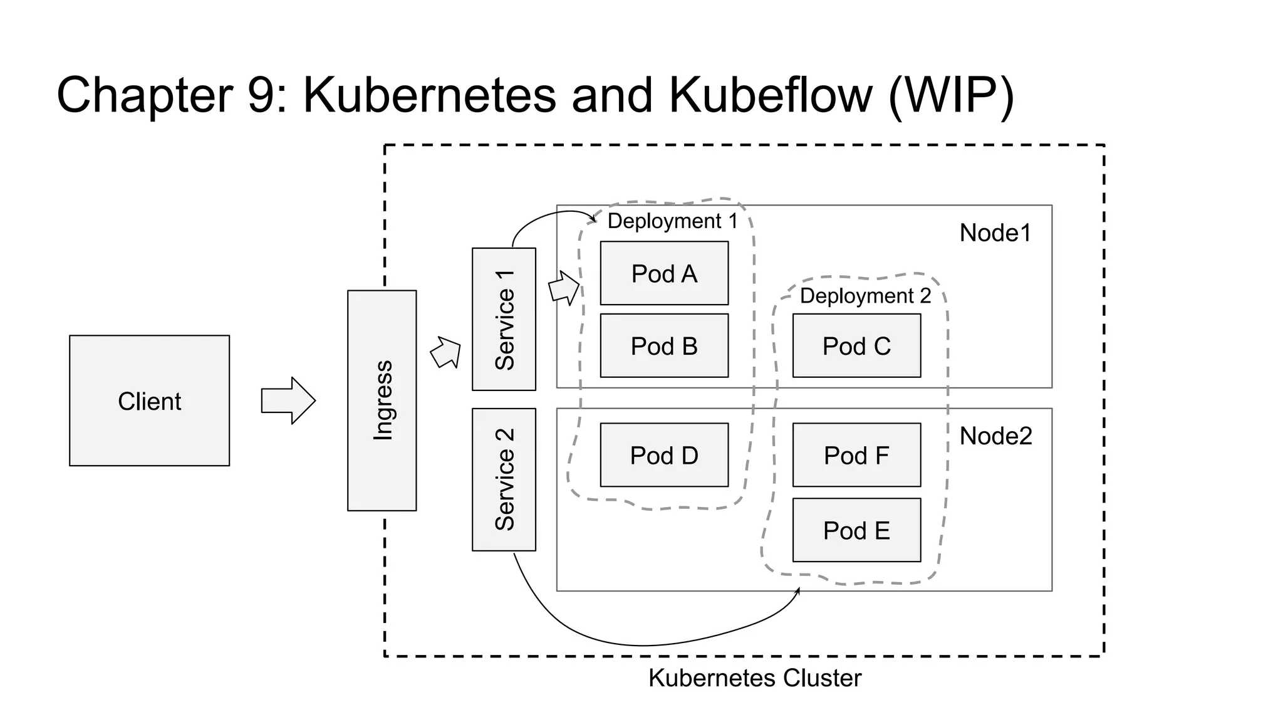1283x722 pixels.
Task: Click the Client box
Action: click(149, 400)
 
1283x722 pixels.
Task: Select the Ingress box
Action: click(382, 400)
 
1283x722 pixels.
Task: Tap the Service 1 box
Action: click(504, 319)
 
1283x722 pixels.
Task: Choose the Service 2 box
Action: click(504, 479)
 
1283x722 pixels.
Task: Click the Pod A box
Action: click(664, 273)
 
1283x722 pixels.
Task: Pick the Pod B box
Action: click(664, 345)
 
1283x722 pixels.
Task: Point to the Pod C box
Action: click(856, 345)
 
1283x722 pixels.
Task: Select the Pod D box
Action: click(664, 455)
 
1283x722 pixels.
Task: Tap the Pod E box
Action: click(856, 530)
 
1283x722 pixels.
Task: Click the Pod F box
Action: click(856, 455)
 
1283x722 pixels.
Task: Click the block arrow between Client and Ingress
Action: click(288, 400)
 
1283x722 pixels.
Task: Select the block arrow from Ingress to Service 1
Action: click(446, 352)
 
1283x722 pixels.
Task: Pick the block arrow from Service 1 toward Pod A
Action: click(564, 288)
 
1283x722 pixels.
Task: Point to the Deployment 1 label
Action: click(672, 221)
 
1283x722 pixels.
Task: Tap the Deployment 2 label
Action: click(865, 296)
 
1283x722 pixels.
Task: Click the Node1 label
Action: click(995, 233)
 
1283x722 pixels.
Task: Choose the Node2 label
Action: click(995, 436)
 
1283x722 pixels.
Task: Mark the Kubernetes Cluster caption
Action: click(754, 678)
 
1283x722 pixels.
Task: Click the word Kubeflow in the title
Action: click(770, 95)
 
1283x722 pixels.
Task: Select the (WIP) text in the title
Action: click(950, 95)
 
